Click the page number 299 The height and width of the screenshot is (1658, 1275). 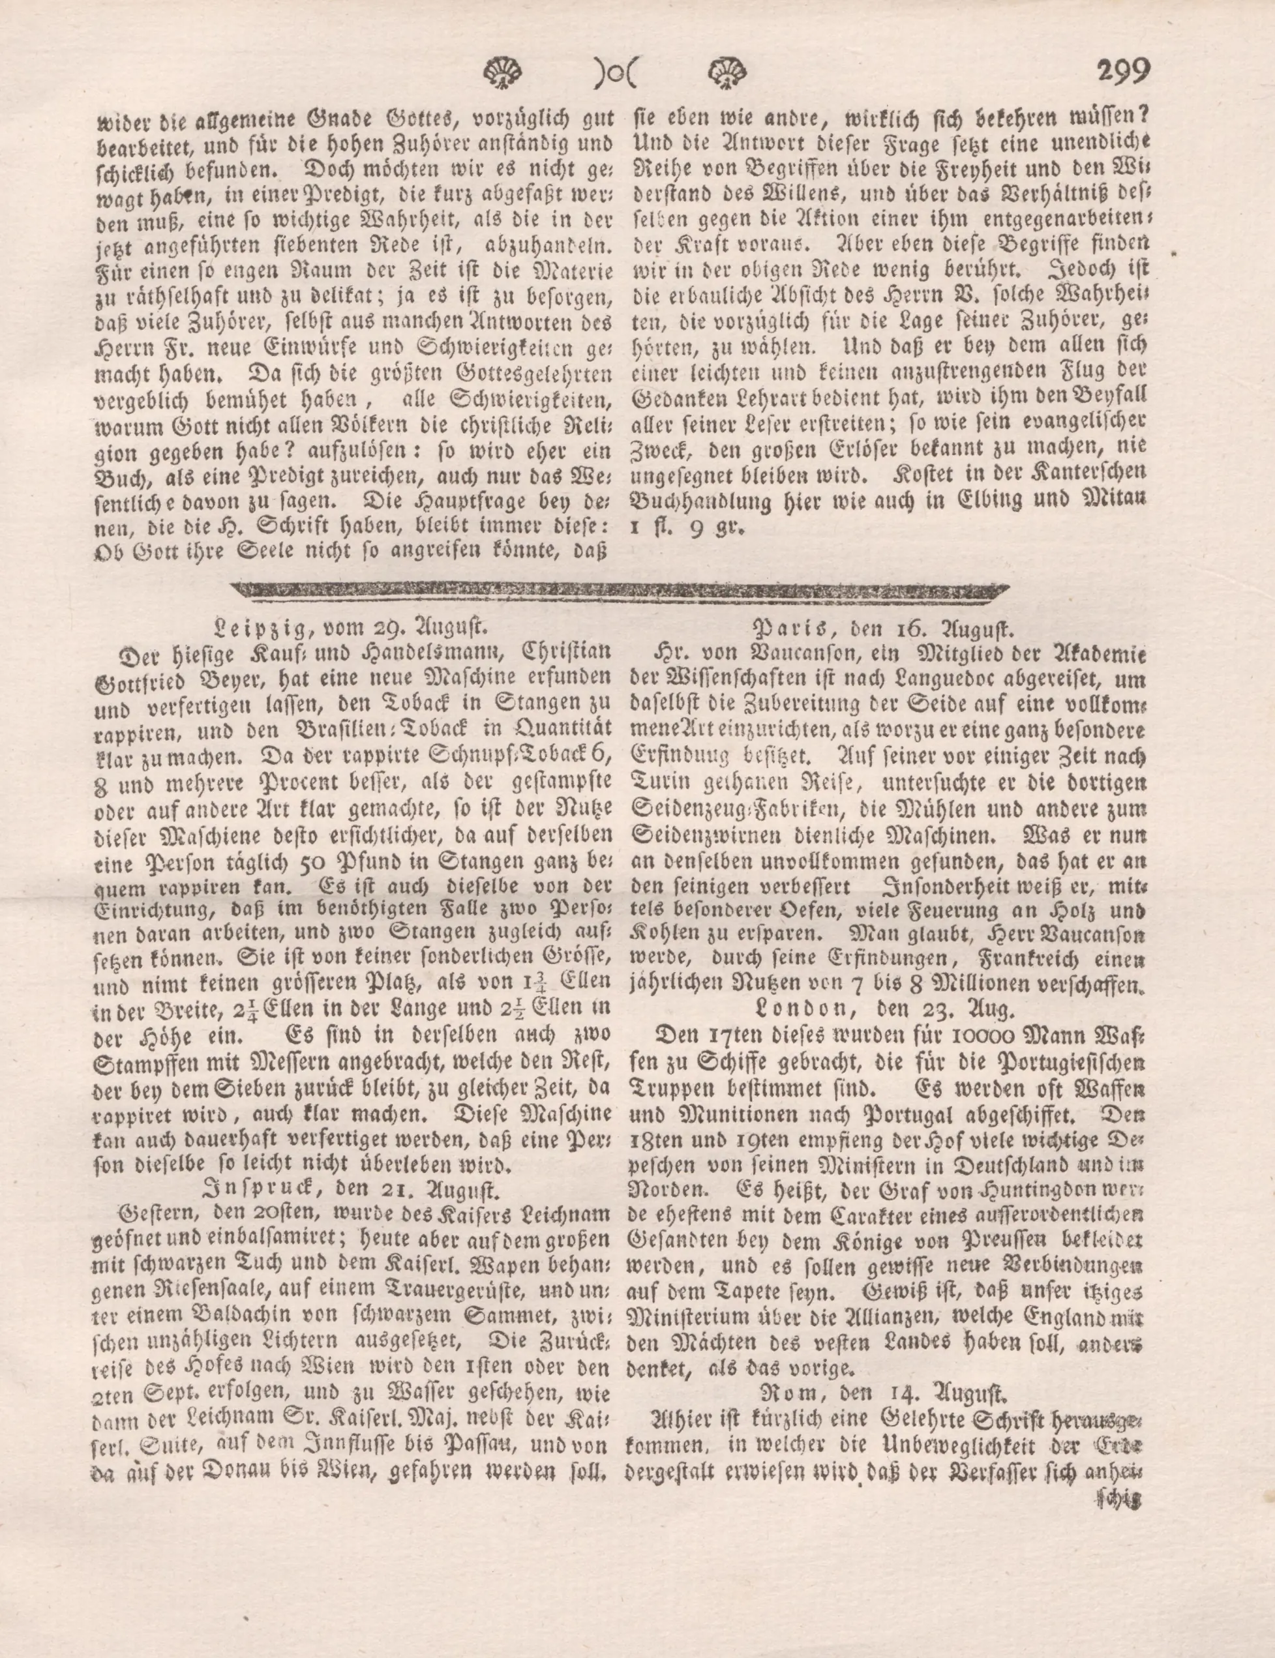click(1122, 73)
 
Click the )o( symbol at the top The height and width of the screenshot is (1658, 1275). click(616, 74)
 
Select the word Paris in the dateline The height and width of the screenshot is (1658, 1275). click(789, 629)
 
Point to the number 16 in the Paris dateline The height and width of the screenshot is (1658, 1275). click(912, 629)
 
